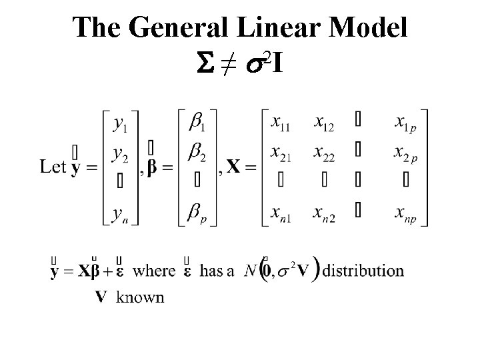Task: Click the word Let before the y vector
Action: (x=53, y=167)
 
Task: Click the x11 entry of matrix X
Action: (x=282, y=125)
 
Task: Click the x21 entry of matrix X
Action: (x=282, y=155)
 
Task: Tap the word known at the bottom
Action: (x=140, y=297)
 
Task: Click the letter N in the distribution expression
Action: (x=249, y=271)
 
